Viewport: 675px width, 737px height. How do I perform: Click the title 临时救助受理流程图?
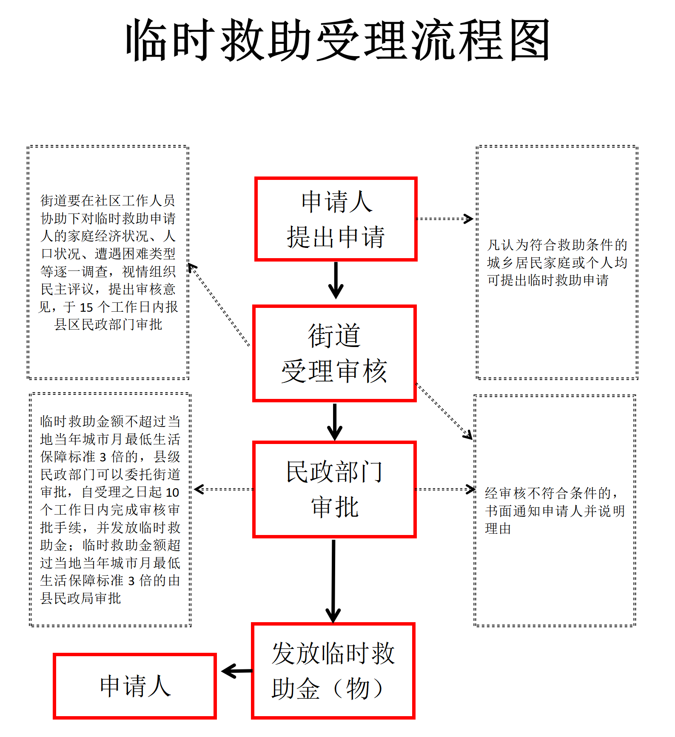338,40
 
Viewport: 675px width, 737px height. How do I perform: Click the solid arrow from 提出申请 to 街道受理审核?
336,280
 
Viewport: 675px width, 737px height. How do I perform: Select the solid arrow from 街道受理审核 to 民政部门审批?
335,422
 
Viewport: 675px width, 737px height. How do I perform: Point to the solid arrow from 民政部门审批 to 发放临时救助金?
333,581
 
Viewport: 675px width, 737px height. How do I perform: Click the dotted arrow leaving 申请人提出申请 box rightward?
444,219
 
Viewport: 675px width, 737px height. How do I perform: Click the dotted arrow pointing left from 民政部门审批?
224,489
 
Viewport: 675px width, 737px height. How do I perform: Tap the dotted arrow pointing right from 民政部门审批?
445,489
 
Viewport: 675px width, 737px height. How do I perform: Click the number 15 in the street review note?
86,307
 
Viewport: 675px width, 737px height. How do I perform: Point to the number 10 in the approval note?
172,492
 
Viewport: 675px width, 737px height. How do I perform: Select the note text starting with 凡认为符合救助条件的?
557,262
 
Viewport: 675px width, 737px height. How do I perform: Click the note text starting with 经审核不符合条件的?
555,511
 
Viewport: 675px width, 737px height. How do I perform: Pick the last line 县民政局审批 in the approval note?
81,598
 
